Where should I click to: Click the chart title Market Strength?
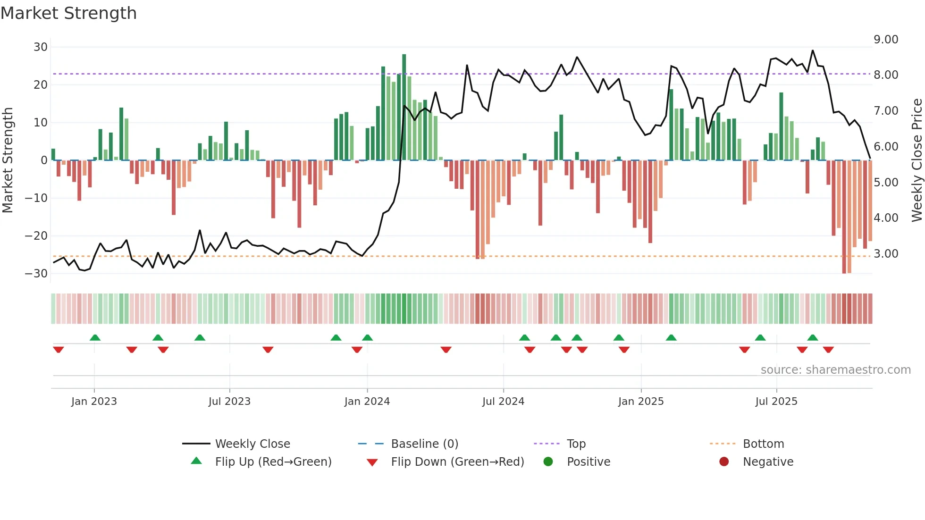pos(68,13)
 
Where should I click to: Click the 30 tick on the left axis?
pos(41,47)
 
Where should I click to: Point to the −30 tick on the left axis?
pos(36,274)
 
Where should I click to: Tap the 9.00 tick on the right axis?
pos(886,40)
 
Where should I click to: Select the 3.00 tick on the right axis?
pos(886,254)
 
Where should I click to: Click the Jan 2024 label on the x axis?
pos(367,402)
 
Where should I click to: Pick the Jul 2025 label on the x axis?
pos(776,402)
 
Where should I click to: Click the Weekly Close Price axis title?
pos(917,160)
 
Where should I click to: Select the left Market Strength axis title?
pos(8,160)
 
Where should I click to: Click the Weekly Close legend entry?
pos(252,444)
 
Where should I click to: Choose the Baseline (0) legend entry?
pos(424,444)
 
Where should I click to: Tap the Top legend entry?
pos(576,444)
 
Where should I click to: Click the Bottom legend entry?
pos(763,444)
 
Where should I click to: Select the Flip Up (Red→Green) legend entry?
pos(273,462)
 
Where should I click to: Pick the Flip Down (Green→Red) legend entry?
pos(457,462)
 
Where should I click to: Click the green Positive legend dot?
pos(548,461)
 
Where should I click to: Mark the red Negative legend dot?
pos(724,461)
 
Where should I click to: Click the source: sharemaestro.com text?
pos(835,370)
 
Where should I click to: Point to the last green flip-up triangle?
pos(813,338)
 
